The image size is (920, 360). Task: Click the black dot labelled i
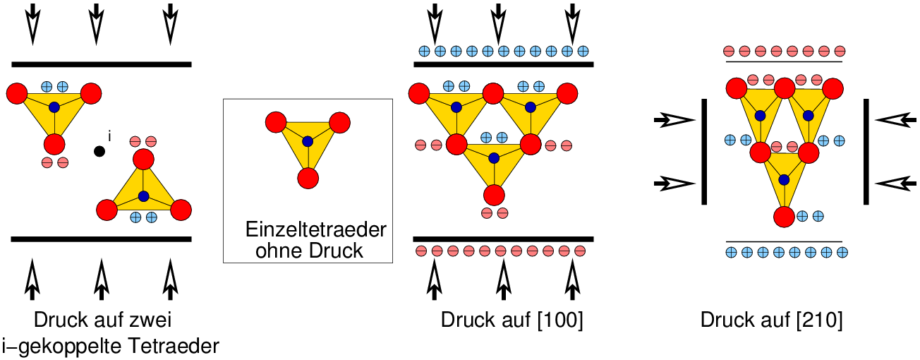(100, 150)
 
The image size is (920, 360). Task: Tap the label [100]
(560, 320)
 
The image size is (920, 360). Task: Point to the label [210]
(820, 320)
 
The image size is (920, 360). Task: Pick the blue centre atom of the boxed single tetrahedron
(307, 141)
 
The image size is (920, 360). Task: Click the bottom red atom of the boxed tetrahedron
(307, 178)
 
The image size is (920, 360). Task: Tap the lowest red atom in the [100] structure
(493, 194)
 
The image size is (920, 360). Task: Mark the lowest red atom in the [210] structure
(783, 216)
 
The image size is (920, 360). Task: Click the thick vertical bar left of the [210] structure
(704, 152)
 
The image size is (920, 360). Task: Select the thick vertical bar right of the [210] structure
(866, 152)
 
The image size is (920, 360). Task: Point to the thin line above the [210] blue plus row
(783, 241)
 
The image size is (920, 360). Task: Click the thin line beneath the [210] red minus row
(783, 61)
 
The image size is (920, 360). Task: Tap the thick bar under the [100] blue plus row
(502, 64)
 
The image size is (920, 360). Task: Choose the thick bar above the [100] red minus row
(502, 239)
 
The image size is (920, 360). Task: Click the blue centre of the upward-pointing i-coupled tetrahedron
(144, 196)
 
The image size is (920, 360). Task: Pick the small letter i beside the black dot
(109, 135)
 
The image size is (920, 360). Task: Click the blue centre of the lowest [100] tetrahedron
(493, 157)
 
